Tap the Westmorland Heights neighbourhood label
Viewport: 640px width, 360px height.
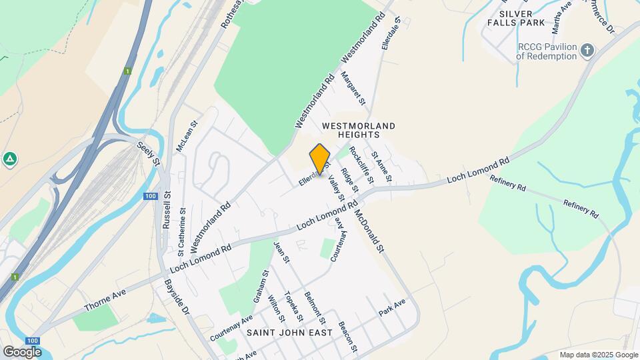click(x=358, y=130)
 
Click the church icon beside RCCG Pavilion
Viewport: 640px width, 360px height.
click(x=587, y=50)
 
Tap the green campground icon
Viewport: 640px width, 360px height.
click(x=9, y=159)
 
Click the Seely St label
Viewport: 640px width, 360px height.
click(x=149, y=153)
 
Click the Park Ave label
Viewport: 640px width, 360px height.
click(x=392, y=307)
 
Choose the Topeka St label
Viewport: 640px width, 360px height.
click(x=294, y=306)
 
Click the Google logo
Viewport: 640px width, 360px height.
click(x=22, y=351)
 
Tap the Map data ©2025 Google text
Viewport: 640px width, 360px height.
click(x=598, y=355)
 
